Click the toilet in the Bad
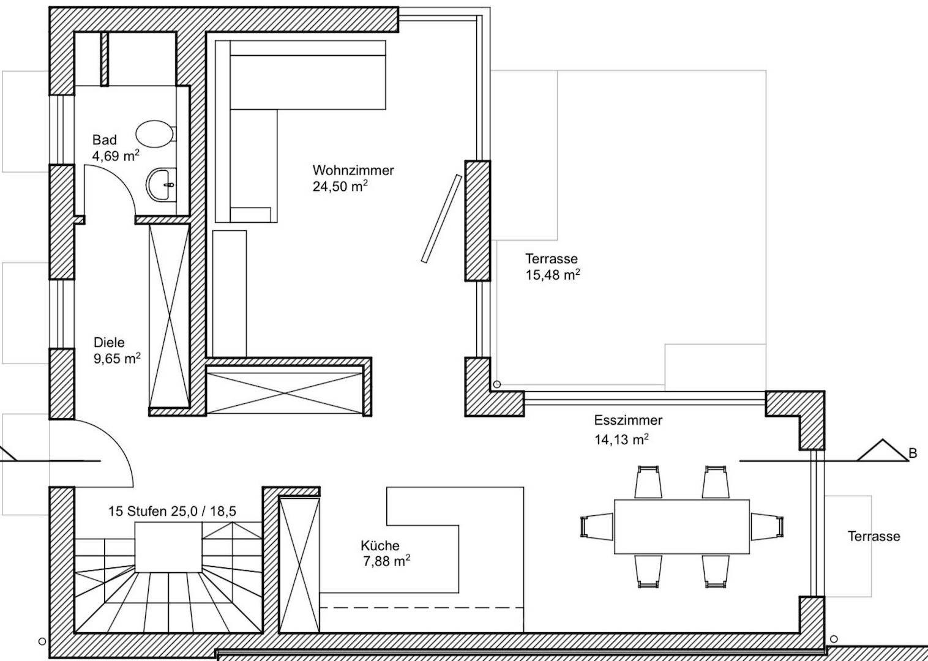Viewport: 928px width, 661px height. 155,134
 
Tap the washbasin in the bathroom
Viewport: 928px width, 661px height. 161,184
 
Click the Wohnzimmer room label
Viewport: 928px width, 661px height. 353,170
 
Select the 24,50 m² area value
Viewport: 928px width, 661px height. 340,187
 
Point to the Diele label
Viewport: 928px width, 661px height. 109,342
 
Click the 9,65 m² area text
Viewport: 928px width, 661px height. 117,358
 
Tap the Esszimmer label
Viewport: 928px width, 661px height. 628,420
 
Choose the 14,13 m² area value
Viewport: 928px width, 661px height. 621,439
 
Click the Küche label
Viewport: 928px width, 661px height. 380,545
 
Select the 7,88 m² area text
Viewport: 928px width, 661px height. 386,561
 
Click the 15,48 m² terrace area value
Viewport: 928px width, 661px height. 553,275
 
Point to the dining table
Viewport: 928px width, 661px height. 682,526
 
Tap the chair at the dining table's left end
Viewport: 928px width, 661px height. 597,527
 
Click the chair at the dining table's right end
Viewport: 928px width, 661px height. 767,527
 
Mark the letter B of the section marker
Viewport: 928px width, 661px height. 913,454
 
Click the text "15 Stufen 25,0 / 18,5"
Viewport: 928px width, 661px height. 173,512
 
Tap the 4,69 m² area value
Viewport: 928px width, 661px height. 116,156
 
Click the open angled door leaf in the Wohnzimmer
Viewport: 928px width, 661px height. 441,218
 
